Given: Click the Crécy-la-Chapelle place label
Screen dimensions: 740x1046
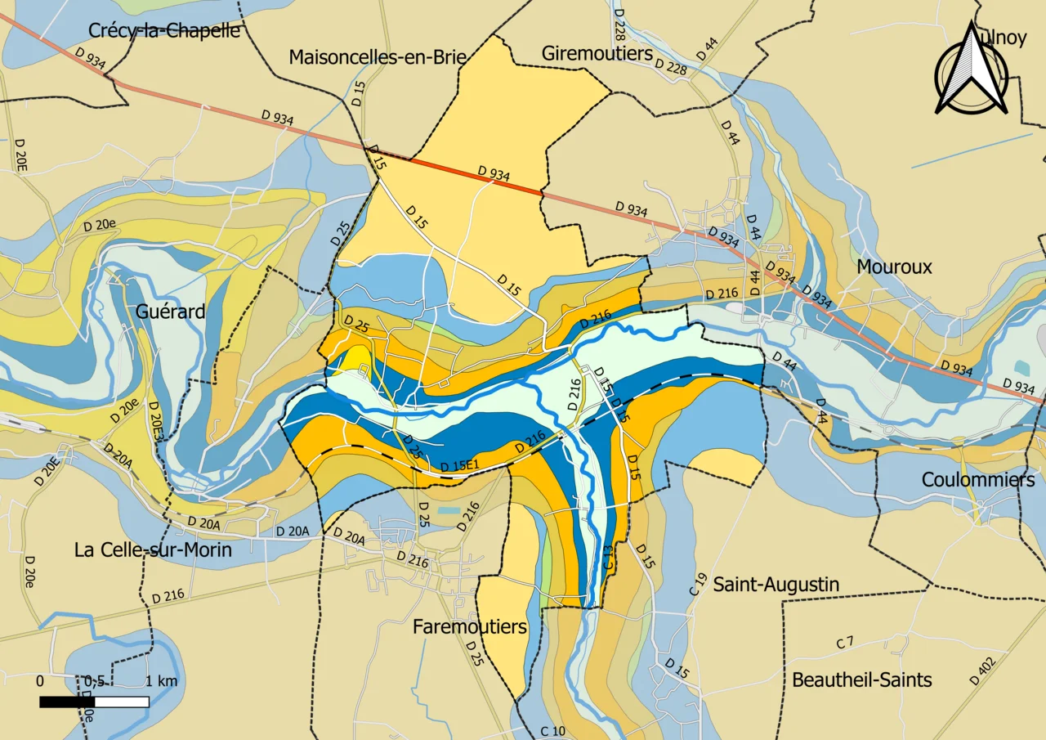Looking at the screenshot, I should tap(164, 31).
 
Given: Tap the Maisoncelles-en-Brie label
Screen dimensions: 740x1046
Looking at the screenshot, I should tap(378, 57).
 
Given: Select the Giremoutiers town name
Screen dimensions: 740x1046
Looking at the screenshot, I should tap(597, 53).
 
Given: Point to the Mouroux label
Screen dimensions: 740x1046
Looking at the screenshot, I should tap(894, 267).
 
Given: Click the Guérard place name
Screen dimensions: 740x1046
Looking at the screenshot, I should tap(171, 312).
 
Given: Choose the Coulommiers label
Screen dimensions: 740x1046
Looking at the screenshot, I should tap(978, 480).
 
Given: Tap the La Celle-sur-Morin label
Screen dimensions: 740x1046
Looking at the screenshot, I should tap(153, 550).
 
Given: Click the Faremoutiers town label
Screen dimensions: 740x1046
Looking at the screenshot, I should tap(470, 627).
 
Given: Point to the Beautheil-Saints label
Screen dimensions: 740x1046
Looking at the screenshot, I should tap(862, 680).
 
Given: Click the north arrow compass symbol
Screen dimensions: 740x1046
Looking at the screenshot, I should tap(971, 70).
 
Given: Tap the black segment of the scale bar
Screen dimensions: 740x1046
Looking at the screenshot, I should tap(67, 702).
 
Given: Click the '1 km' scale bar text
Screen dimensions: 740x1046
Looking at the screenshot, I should tap(162, 682).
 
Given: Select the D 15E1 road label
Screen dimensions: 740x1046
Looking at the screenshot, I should tap(458, 466).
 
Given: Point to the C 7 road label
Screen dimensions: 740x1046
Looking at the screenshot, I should tap(845, 643).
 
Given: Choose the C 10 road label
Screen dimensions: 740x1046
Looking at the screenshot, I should tap(553, 730).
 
